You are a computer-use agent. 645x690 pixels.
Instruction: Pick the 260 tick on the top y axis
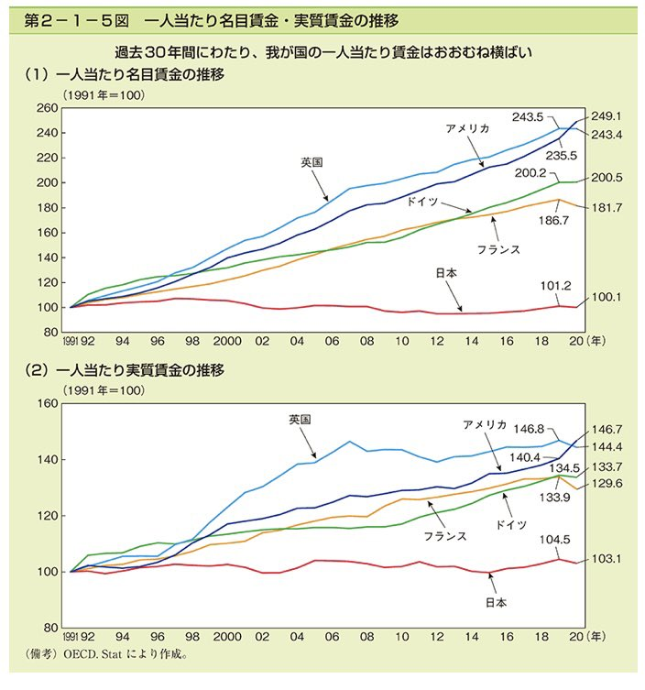point(47,108)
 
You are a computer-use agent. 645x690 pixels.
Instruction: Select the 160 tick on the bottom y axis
point(47,403)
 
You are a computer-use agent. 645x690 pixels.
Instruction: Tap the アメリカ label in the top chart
point(468,128)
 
